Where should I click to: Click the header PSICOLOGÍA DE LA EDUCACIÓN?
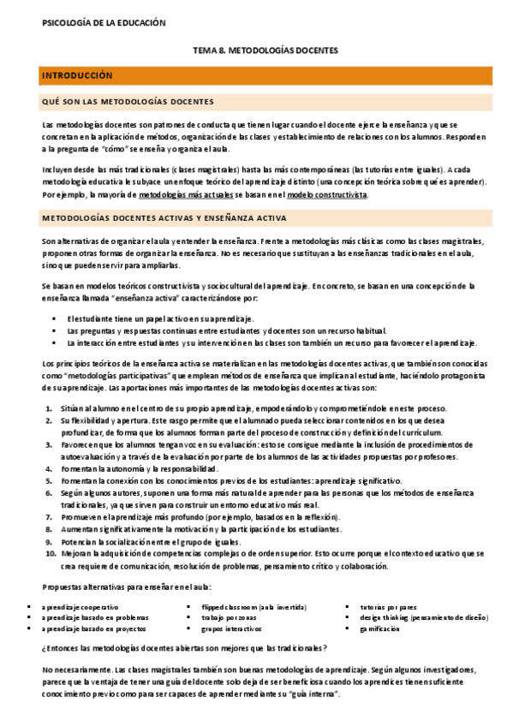point(104,24)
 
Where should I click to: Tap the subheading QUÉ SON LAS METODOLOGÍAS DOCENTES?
point(128,102)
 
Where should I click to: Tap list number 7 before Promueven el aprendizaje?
point(48,517)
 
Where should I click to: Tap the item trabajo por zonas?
point(227,616)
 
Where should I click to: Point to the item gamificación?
point(379,628)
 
